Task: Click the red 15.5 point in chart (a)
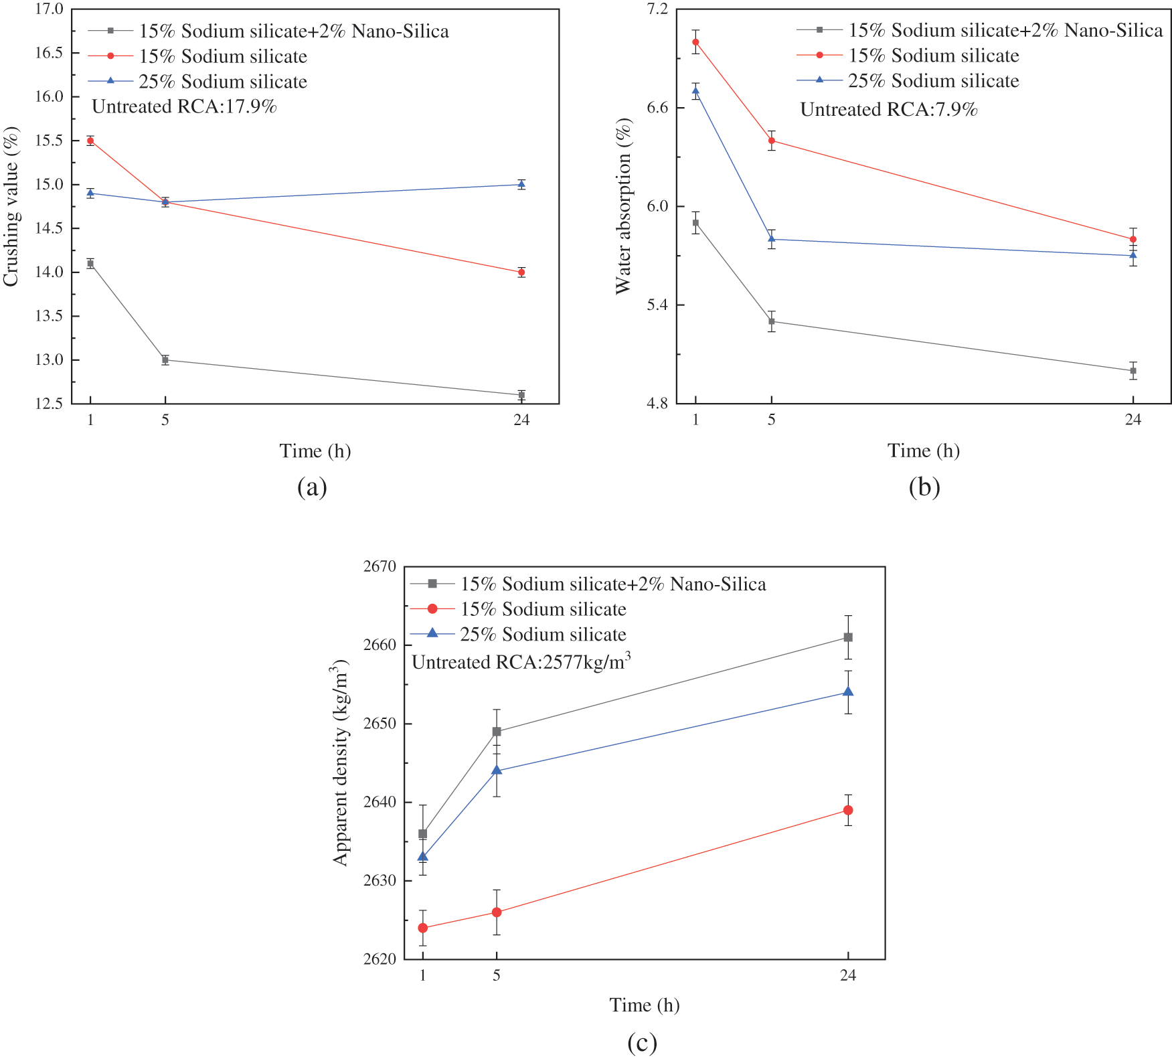(90, 141)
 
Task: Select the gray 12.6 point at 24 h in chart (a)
(521, 395)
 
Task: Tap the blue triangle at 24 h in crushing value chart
(521, 184)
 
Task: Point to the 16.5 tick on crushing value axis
(49, 53)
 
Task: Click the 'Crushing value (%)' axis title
(11, 207)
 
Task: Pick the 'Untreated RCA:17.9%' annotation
(184, 107)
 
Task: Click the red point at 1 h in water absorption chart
(696, 42)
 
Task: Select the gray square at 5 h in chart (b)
(772, 321)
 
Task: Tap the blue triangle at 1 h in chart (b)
(696, 91)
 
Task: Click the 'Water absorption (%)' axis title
(623, 206)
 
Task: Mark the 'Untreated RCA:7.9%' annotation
(889, 110)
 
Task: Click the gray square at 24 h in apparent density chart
(848, 637)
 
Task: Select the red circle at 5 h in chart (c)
(497, 912)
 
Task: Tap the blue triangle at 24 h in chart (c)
(848, 692)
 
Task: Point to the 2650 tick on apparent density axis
(380, 724)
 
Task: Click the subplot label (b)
(924, 487)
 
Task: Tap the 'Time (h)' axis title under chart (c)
(645, 1005)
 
